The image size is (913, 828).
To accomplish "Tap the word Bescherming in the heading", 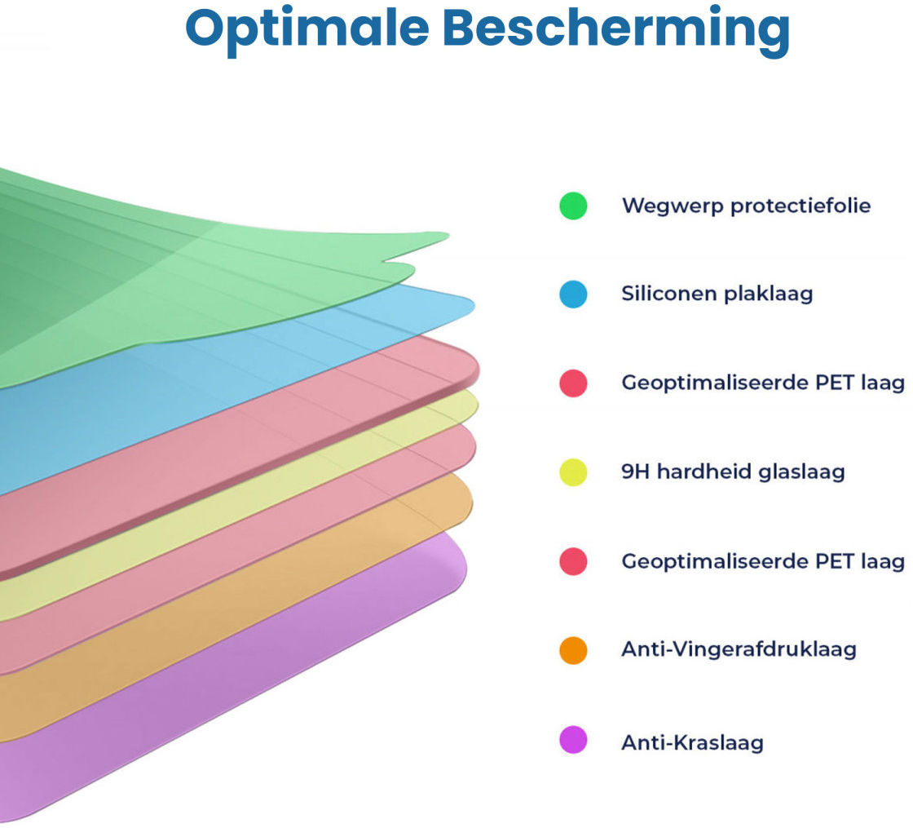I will tap(620, 29).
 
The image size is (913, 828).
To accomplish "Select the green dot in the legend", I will tap(573, 206).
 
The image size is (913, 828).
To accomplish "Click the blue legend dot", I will tap(573, 294).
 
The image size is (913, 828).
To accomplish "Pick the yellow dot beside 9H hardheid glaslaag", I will tap(573, 472).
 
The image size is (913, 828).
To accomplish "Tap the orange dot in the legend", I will tap(573, 650).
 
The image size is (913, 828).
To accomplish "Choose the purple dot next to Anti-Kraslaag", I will tap(573, 740).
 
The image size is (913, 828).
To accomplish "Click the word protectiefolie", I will tap(800, 206).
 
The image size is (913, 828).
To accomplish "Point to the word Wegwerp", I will tap(672, 206).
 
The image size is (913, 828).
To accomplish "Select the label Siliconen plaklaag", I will tap(717, 294).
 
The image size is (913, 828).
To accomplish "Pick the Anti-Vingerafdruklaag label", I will tap(739, 649).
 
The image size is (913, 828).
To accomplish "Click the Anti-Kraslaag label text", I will tap(692, 742).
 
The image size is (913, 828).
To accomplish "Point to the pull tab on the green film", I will tap(416, 241).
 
